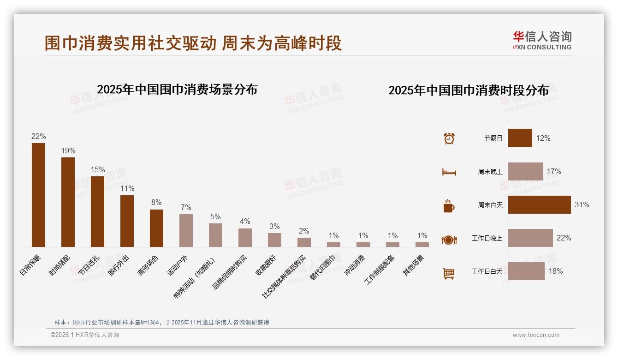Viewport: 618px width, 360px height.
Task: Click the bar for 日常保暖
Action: [x=38, y=195]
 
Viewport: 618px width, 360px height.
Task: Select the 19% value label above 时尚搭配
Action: [x=68, y=151]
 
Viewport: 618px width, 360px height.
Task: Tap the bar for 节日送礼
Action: [x=97, y=211]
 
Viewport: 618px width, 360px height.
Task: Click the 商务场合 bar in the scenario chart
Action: [x=156, y=228]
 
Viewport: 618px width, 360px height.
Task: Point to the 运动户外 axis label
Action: [x=177, y=265]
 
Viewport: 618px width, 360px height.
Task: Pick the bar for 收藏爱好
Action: [x=274, y=240]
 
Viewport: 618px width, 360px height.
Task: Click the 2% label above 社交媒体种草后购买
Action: [x=304, y=231]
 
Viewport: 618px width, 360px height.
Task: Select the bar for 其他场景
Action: [x=422, y=245]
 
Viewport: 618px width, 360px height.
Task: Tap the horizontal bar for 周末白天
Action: [x=539, y=204]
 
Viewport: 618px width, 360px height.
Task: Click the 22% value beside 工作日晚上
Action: [x=564, y=238]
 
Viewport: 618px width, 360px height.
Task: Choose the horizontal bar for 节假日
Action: [x=520, y=138]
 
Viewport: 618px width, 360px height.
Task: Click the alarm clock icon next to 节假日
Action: [x=449, y=138]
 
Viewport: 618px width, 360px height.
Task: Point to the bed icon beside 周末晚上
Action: [x=449, y=172]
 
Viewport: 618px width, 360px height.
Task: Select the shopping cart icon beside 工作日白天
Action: [x=449, y=273]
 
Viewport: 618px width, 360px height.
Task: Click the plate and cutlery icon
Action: [x=449, y=240]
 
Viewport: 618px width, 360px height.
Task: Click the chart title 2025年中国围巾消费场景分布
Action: [x=177, y=90]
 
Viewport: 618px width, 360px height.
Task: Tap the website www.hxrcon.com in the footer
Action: [x=536, y=335]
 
